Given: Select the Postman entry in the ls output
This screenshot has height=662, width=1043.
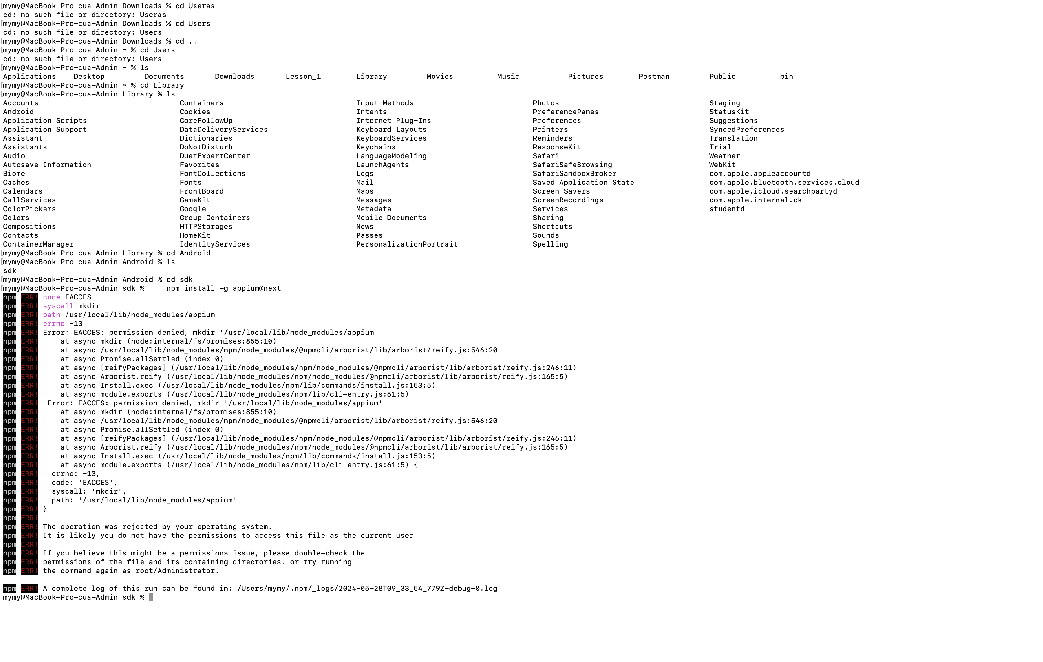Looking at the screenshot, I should pos(654,77).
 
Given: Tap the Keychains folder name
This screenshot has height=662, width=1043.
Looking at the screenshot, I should pos(376,147).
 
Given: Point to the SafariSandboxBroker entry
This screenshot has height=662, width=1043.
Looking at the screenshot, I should pos(574,174).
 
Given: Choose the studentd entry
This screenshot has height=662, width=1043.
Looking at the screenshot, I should pos(726,209).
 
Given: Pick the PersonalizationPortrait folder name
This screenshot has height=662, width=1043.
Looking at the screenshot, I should pos(406,245).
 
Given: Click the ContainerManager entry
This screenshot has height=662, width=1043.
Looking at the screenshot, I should pos(38,245).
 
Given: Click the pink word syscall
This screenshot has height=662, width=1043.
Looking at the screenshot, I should pos(58,306).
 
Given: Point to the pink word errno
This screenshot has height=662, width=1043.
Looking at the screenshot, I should pos(54,324).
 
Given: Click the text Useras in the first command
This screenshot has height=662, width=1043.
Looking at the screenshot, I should pos(201,6).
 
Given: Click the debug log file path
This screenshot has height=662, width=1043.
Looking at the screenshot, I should pos(367,589).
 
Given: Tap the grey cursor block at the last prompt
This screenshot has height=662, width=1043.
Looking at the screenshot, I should pos(151,597).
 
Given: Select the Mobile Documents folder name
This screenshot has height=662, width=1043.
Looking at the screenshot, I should pos(391,218).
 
